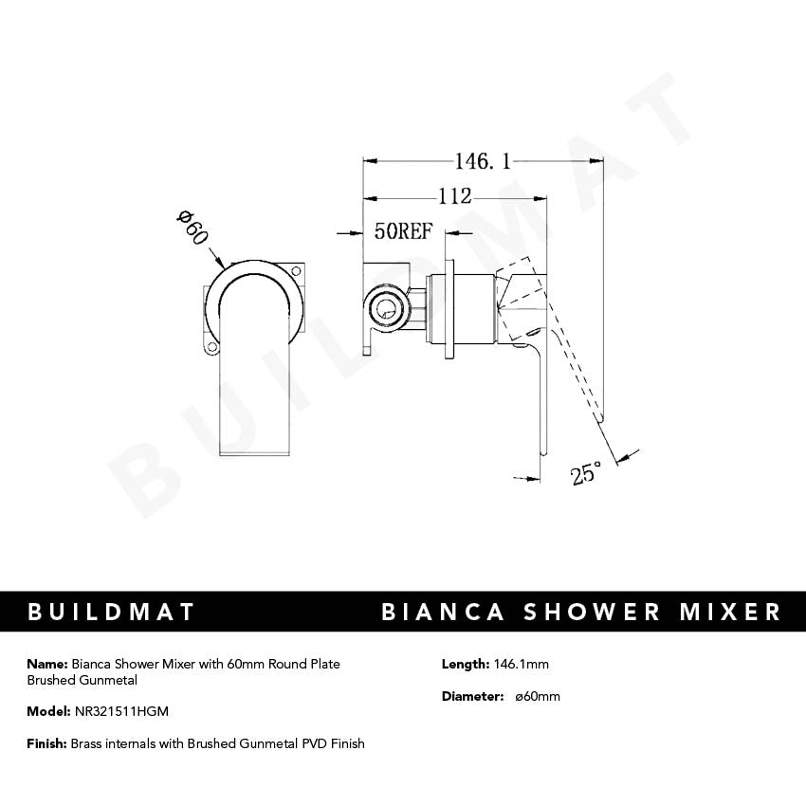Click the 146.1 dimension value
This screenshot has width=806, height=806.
(482, 162)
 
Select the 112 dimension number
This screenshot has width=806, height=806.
(454, 197)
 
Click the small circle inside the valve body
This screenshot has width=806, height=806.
(385, 307)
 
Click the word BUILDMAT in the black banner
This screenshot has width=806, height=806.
(111, 612)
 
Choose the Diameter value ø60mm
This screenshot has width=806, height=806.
(537, 696)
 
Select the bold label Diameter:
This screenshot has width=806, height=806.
(472, 696)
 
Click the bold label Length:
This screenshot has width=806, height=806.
(465, 664)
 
